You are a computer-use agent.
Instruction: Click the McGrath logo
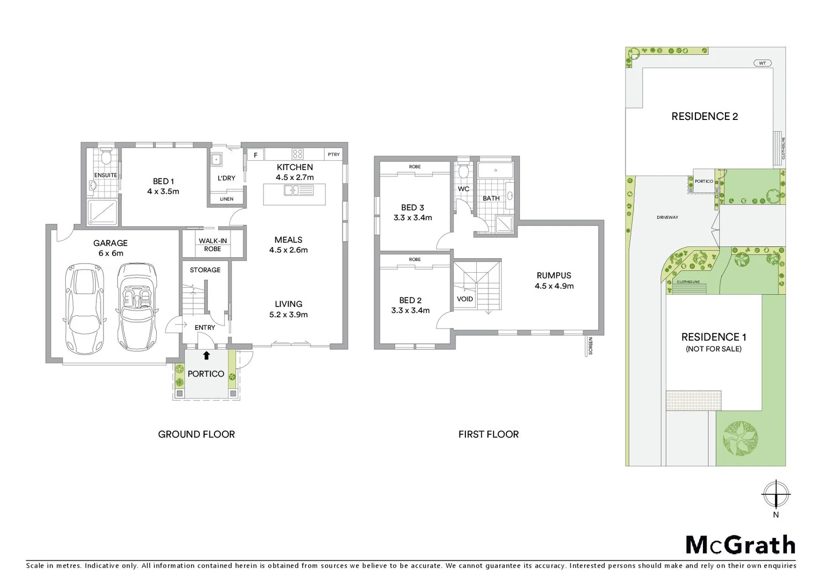pos(740,545)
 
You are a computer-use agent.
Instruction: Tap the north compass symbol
pos(776,494)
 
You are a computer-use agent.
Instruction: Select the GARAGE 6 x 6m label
pos(110,248)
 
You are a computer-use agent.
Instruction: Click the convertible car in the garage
pos(137,306)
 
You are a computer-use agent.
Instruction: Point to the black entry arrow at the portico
pos(206,355)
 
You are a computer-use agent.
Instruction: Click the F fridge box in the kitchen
pos(256,155)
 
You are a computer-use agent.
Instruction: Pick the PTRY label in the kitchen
pos(334,154)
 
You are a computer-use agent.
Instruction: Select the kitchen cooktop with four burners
pos(297,154)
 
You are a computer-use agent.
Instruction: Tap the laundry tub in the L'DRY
pos(217,159)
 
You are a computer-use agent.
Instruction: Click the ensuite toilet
pos(106,158)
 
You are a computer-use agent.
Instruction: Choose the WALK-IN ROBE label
pos(213,245)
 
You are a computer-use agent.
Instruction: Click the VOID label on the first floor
pos(465,299)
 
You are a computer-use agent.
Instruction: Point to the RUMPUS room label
pos(554,280)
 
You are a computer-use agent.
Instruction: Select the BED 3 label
pos(413,212)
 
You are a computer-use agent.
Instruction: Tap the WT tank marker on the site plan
pos(762,63)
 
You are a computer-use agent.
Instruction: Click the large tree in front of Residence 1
pos(740,438)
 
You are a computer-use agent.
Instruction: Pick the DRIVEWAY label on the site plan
pos(667,217)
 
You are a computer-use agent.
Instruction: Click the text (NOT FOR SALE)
pos(714,349)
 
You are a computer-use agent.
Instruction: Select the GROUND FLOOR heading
pos(197,434)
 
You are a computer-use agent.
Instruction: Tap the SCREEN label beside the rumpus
pos(590,345)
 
